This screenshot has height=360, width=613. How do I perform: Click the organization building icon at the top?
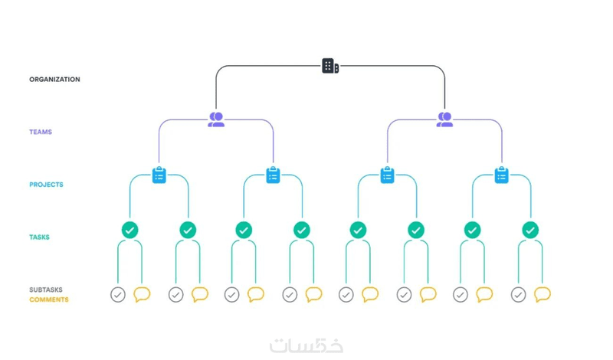[330, 66]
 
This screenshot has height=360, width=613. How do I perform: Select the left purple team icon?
[216, 119]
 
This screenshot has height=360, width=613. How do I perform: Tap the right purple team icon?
[445, 119]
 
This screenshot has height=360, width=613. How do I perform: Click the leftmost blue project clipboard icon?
[159, 175]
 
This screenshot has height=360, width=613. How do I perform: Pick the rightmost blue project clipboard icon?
[502, 175]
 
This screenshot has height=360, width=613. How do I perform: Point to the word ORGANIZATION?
[54, 80]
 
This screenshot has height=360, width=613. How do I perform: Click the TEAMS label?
[41, 132]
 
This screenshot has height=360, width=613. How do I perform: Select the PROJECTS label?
[46, 185]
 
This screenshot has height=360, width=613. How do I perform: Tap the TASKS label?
[40, 237]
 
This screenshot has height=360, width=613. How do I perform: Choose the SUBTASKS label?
[46, 290]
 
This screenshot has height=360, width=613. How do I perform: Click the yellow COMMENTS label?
[49, 299]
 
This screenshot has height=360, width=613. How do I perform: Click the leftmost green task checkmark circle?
[129, 231]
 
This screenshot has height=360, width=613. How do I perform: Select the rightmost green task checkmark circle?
[530, 231]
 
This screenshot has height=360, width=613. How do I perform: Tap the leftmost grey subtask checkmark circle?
[118, 295]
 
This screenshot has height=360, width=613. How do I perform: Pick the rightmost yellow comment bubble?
[543, 294]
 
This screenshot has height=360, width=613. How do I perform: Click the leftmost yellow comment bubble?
[142, 294]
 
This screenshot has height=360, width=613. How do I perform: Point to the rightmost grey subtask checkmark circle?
[519, 295]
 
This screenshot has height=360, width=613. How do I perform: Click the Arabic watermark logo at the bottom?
[306, 345]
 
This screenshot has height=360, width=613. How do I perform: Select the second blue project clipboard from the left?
[274, 175]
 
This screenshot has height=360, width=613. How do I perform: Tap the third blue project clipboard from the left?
[388, 175]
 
